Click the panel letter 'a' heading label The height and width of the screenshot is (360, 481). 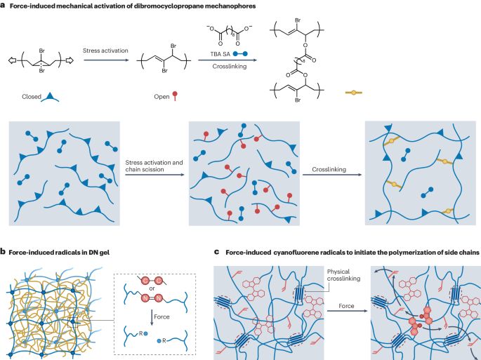4,7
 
